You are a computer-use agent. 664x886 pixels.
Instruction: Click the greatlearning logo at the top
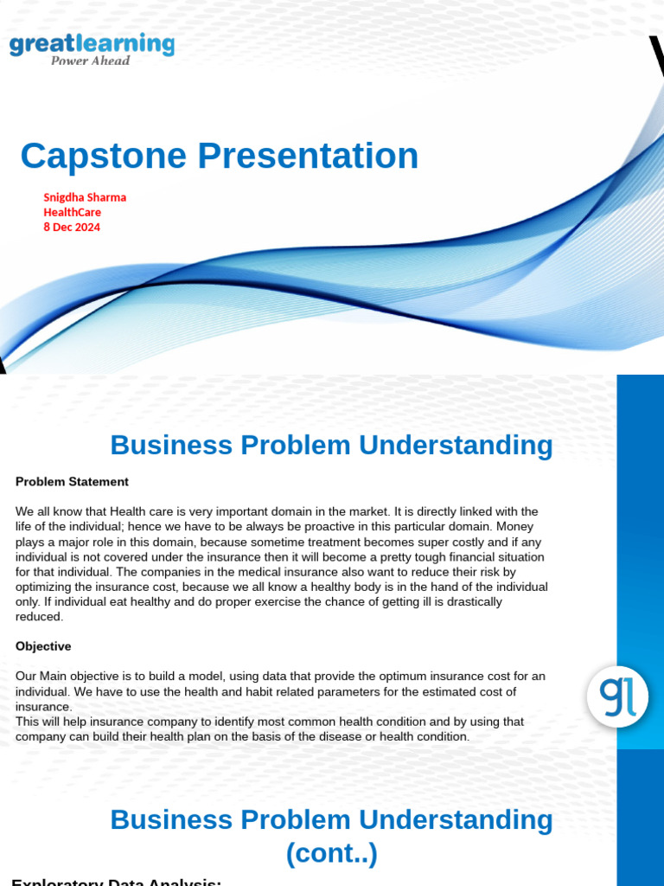[92, 45]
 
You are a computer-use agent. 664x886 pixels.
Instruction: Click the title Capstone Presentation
[220, 156]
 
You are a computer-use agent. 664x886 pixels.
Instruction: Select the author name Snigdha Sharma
[85, 197]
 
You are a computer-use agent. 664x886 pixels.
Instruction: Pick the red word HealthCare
[73, 212]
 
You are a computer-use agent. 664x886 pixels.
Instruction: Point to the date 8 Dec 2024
[72, 228]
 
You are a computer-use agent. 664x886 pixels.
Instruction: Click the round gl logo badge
[617, 697]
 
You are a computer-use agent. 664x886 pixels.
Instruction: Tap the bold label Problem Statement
[72, 482]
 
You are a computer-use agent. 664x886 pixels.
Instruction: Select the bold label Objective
[43, 646]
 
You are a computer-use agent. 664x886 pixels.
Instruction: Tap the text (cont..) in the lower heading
[332, 854]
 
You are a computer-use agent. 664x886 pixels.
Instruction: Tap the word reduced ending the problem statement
[39, 617]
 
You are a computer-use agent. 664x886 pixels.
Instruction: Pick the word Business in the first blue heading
[171, 446]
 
